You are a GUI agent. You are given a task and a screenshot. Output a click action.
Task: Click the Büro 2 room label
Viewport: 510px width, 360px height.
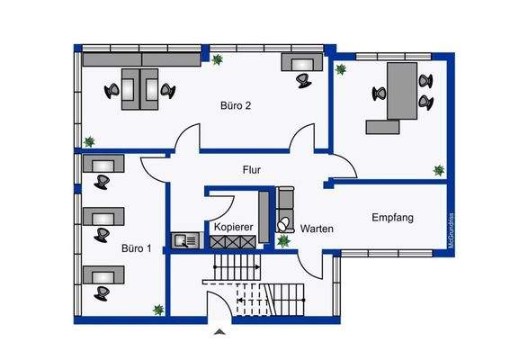click(x=236, y=105)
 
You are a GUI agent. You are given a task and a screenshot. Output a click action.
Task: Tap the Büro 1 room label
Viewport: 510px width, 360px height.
click(x=137, y=247)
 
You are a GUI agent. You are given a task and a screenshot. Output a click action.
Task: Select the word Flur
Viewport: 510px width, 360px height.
click(x=252, y=169)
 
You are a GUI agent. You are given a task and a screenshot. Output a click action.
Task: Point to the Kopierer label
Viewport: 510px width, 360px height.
click(x=232, y=228)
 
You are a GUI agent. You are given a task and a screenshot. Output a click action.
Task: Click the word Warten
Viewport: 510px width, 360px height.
click(x=317, y=229)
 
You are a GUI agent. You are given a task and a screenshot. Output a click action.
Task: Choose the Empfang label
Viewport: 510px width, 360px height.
click(x=391, y=217)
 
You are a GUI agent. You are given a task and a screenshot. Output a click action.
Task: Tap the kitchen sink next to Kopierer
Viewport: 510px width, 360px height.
click(x=185, y=239)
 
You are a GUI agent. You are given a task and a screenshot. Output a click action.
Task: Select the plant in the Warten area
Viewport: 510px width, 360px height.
click(x=284, y=241)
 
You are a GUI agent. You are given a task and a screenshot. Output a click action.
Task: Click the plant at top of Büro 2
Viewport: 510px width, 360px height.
click(x=217, y=59)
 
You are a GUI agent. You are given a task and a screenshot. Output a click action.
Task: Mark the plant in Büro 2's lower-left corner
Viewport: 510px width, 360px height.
click(x=89, y=141)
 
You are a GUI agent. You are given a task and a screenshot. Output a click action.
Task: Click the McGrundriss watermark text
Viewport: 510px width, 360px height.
click(x=451, y=230)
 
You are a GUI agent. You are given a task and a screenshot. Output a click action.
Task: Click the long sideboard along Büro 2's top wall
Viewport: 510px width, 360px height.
click(x=141, y=58)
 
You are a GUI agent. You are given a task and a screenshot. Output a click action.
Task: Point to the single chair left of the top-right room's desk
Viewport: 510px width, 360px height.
click(x=375, y=92)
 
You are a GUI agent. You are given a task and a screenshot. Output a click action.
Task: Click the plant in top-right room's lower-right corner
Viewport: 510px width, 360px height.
click(x=438, y=169)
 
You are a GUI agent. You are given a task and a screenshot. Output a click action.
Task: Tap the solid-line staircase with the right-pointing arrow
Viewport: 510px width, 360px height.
click(x=237, y=266)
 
